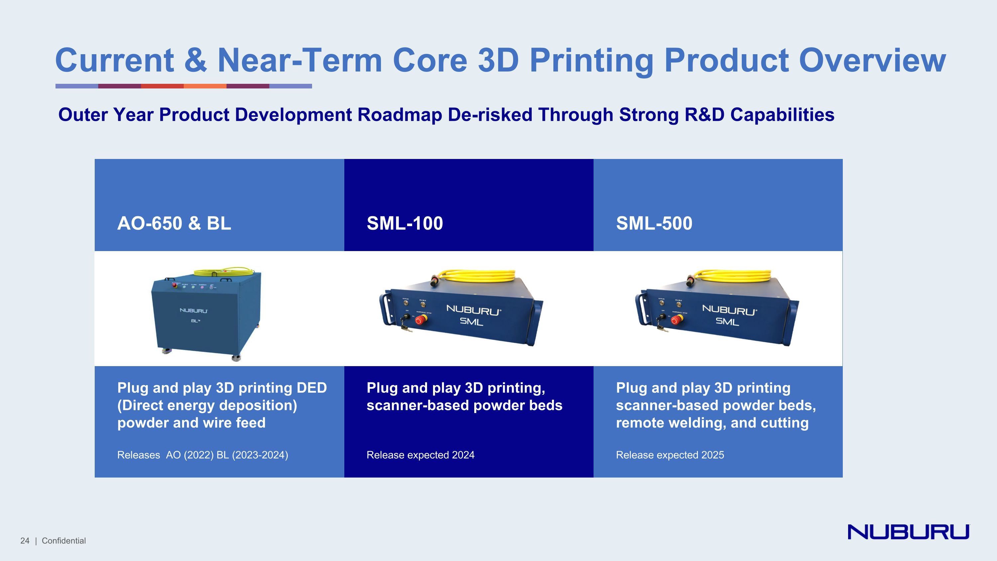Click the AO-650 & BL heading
click(174, 223)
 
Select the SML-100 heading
click(404, 223)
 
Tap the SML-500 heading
click(654, 223)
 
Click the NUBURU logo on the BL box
click(193, 311)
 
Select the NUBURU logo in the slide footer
click(908, 532)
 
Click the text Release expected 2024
click(420, 455)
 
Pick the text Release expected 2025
click(670, 455)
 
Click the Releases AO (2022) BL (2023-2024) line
click(202, 455)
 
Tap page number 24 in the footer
click(25, 541)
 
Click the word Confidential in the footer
click(64, 541)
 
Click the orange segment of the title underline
click(205, 86)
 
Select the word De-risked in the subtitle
click(490, 115)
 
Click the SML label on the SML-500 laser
click(727, 321)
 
